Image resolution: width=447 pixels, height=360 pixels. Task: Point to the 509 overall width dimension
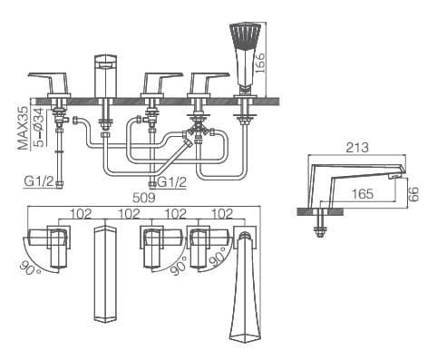click(x=132, y=194)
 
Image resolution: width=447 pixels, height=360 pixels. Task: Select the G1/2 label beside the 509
click(x=172, y=183)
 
